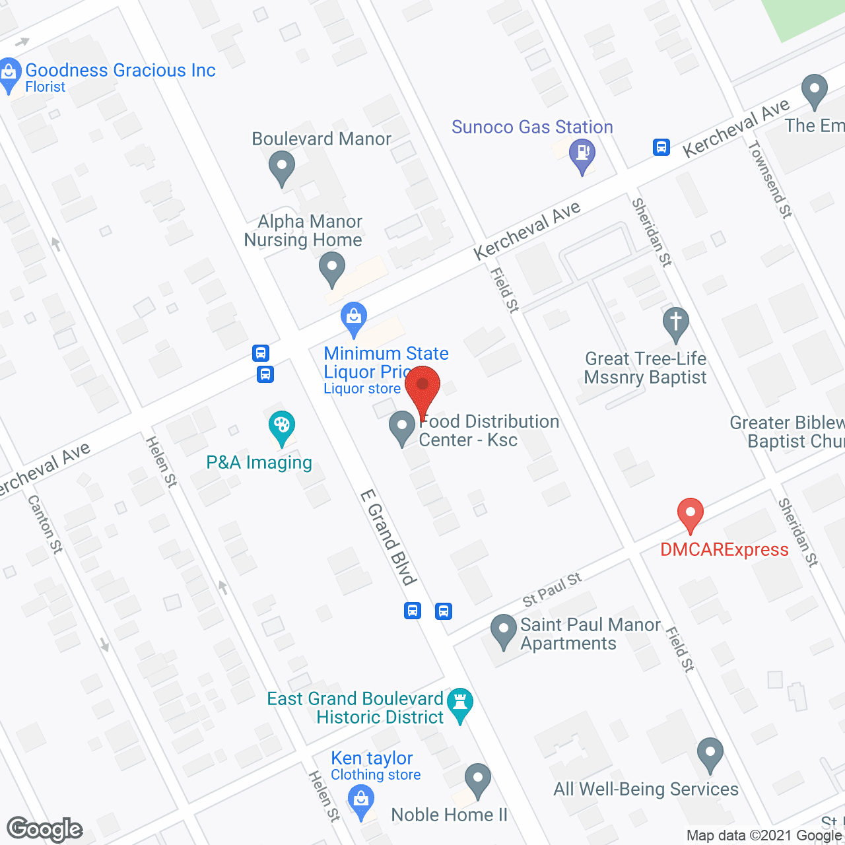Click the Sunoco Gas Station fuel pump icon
coord(582,154)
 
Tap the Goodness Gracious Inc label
coord(120,71)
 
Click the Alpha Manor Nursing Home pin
coord(331,269)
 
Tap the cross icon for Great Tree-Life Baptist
coord(675,323)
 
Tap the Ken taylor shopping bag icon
coord(360,801)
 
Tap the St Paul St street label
coord(552,589)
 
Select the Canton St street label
coord(45,524)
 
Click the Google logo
coord(44,829)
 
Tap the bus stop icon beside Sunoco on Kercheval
coord(661,147)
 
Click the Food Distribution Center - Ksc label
coord(489,430)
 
